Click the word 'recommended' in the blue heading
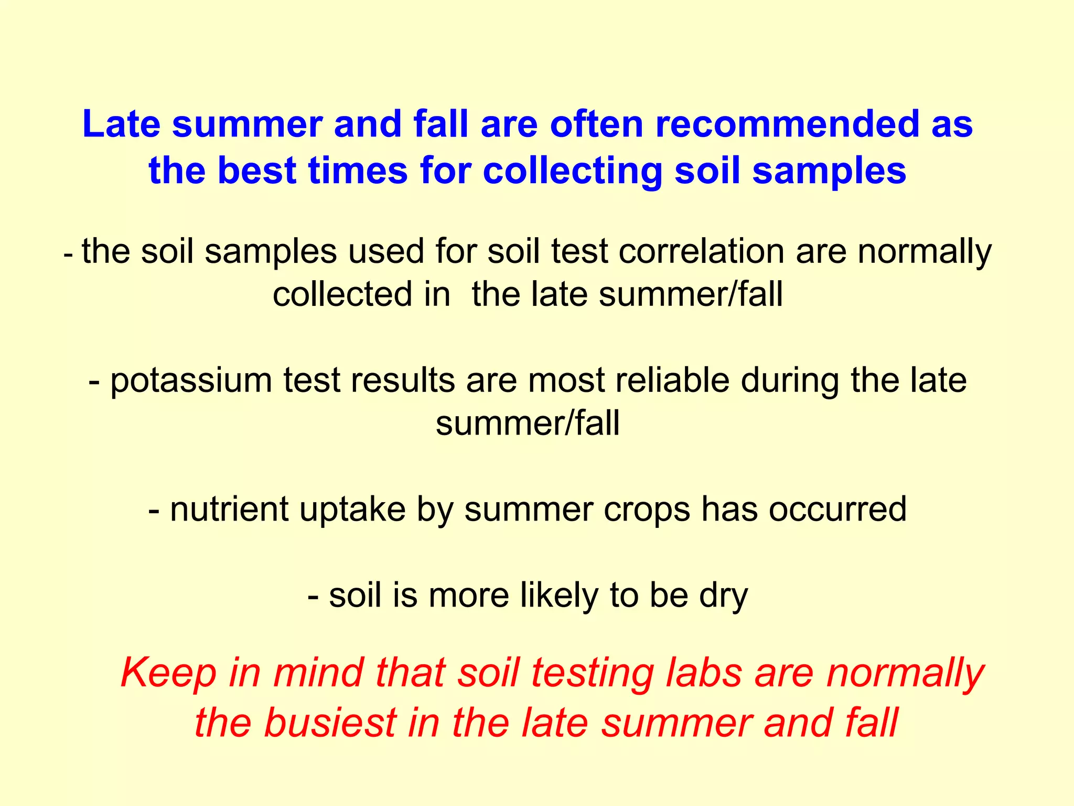[x=788, y=124]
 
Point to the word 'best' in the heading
[x=257, y=171]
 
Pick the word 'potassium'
[x=191, y=381]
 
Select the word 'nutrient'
[x=229, y=509]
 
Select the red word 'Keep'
[x=168, y=674]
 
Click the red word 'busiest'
[x=330, y=723]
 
